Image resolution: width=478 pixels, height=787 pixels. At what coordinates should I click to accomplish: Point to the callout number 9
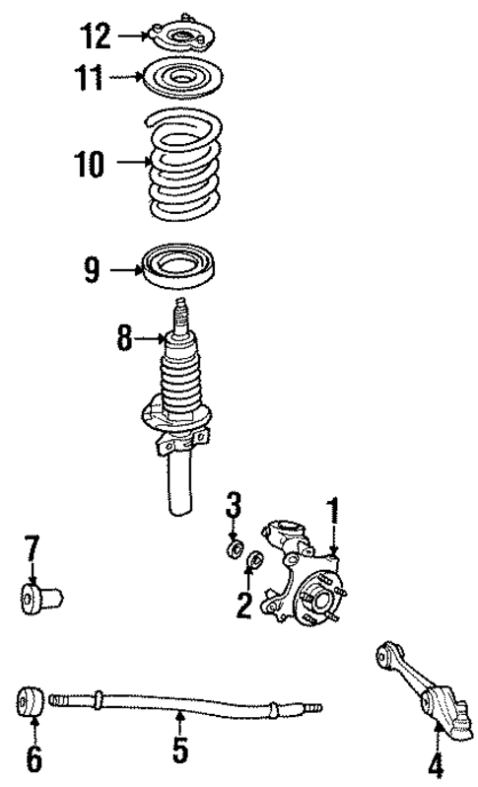click(x=91, y=269)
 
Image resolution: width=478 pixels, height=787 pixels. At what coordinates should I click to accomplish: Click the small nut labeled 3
click(x=236, y=546)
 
